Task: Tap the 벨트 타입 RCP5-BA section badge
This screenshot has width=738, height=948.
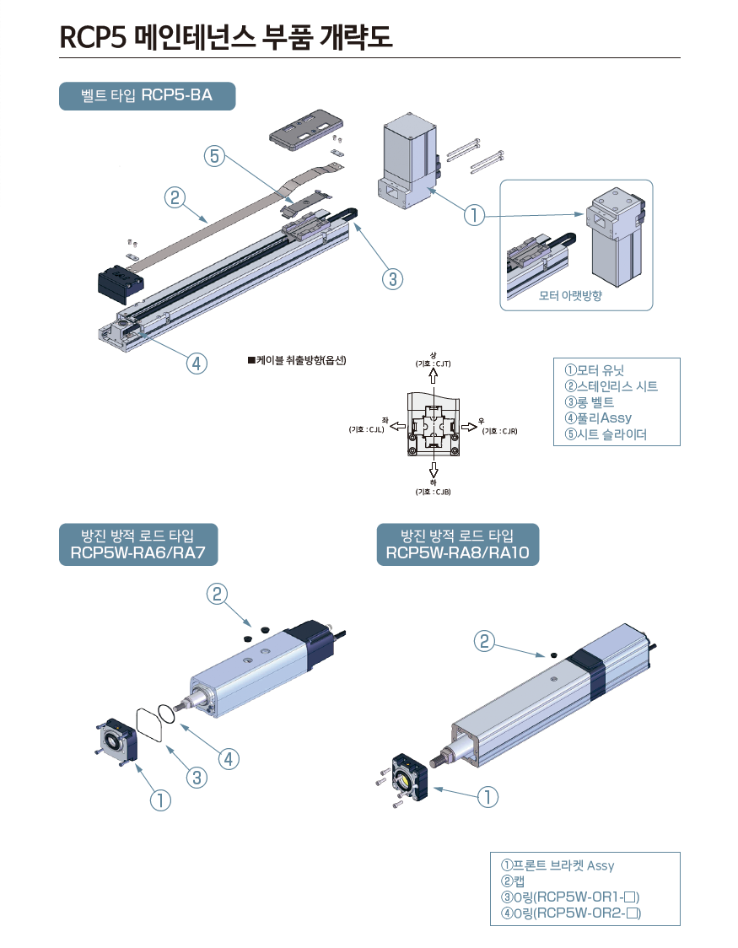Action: [147, 96]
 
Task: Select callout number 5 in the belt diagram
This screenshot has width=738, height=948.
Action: [214, 156]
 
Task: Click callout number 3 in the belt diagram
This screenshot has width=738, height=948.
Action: [391, 278]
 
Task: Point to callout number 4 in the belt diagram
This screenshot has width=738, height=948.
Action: [196, 364]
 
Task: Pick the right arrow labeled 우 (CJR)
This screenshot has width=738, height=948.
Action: [469, 427]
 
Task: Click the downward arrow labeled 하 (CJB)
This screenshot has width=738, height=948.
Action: [433, 470]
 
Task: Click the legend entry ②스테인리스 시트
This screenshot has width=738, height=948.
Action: [611, 386]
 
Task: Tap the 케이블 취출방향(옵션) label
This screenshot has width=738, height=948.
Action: [297, 360]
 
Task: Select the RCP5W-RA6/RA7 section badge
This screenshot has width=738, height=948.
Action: [138, 545]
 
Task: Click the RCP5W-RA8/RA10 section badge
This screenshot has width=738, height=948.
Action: [457, 545]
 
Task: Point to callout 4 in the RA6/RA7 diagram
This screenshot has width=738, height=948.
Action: [228, 758]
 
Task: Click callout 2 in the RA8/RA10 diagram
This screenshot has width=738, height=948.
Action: [484, 642]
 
